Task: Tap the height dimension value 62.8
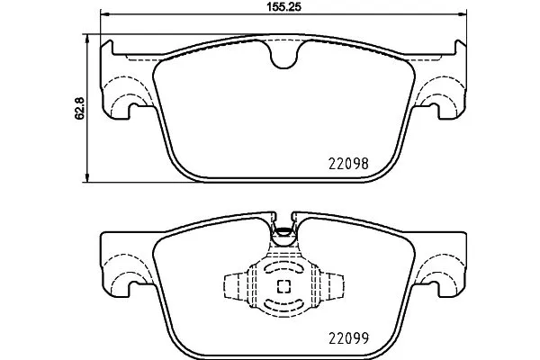(79, 107)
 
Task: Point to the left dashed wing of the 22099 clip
(233, 287)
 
